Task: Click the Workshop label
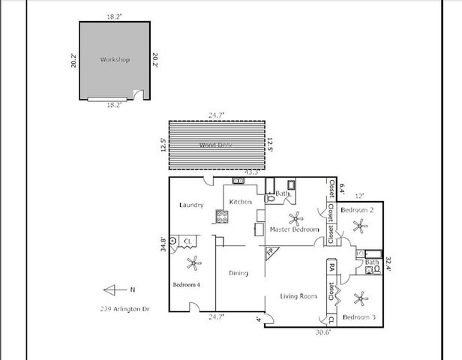115,59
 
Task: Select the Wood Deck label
214,145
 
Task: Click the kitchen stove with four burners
223,217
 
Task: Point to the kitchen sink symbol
238,181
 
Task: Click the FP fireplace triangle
269,253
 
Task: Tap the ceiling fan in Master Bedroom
298,219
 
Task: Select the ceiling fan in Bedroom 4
194,262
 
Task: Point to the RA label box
331,266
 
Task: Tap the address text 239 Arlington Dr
124,307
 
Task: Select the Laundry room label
192,205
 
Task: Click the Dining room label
238,273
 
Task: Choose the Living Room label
298,297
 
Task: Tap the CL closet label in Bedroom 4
188,241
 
